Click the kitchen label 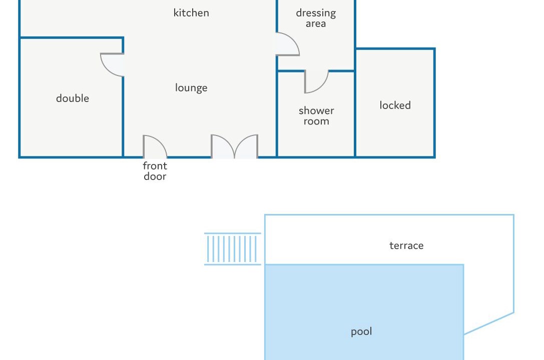click(191, 13)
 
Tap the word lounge click(191, 87)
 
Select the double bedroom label click(73, 98)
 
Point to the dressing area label click(316, 18)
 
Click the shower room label click(316, 115)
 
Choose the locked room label click(395, 105)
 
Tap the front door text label click(155, 171)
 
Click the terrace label click(406, 245)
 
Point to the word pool click(361, 331)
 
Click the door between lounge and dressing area click(288, 44)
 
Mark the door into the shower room click(316, 82)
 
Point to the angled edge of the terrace click(489, 323)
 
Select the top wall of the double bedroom click(72, 37)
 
